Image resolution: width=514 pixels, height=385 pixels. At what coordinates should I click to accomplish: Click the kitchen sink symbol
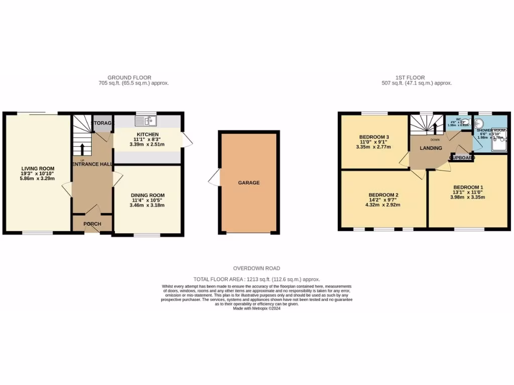coord(146,121)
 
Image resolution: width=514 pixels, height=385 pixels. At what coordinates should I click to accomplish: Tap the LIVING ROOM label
coord(38,168)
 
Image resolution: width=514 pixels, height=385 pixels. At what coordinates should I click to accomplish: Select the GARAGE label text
coord(248,182)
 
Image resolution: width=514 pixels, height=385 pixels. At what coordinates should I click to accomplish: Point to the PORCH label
coord(92,224)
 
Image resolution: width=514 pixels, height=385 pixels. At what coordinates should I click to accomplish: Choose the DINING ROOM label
coord(148,196)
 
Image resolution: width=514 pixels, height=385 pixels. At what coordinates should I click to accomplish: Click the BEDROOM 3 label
coord(374,137)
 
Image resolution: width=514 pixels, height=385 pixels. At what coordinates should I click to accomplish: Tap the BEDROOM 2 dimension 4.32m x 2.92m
coord(383,206)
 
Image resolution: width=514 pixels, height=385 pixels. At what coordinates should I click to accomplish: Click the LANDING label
coord(431,148)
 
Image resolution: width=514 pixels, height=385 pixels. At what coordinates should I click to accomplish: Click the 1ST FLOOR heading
coord(410,78)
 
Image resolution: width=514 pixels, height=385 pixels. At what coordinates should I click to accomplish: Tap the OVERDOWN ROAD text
coord(256,269)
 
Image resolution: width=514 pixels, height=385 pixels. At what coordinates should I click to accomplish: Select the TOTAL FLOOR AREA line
coord(256,279)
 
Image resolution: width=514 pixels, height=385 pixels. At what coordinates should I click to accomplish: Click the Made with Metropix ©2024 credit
coord(256,309)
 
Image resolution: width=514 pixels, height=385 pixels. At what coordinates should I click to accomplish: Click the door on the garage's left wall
coord(215,178)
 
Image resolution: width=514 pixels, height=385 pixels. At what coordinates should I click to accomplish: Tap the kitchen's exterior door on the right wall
coord(187,140)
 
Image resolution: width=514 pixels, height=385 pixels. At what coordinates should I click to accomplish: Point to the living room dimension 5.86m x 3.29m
coord(38,179)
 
